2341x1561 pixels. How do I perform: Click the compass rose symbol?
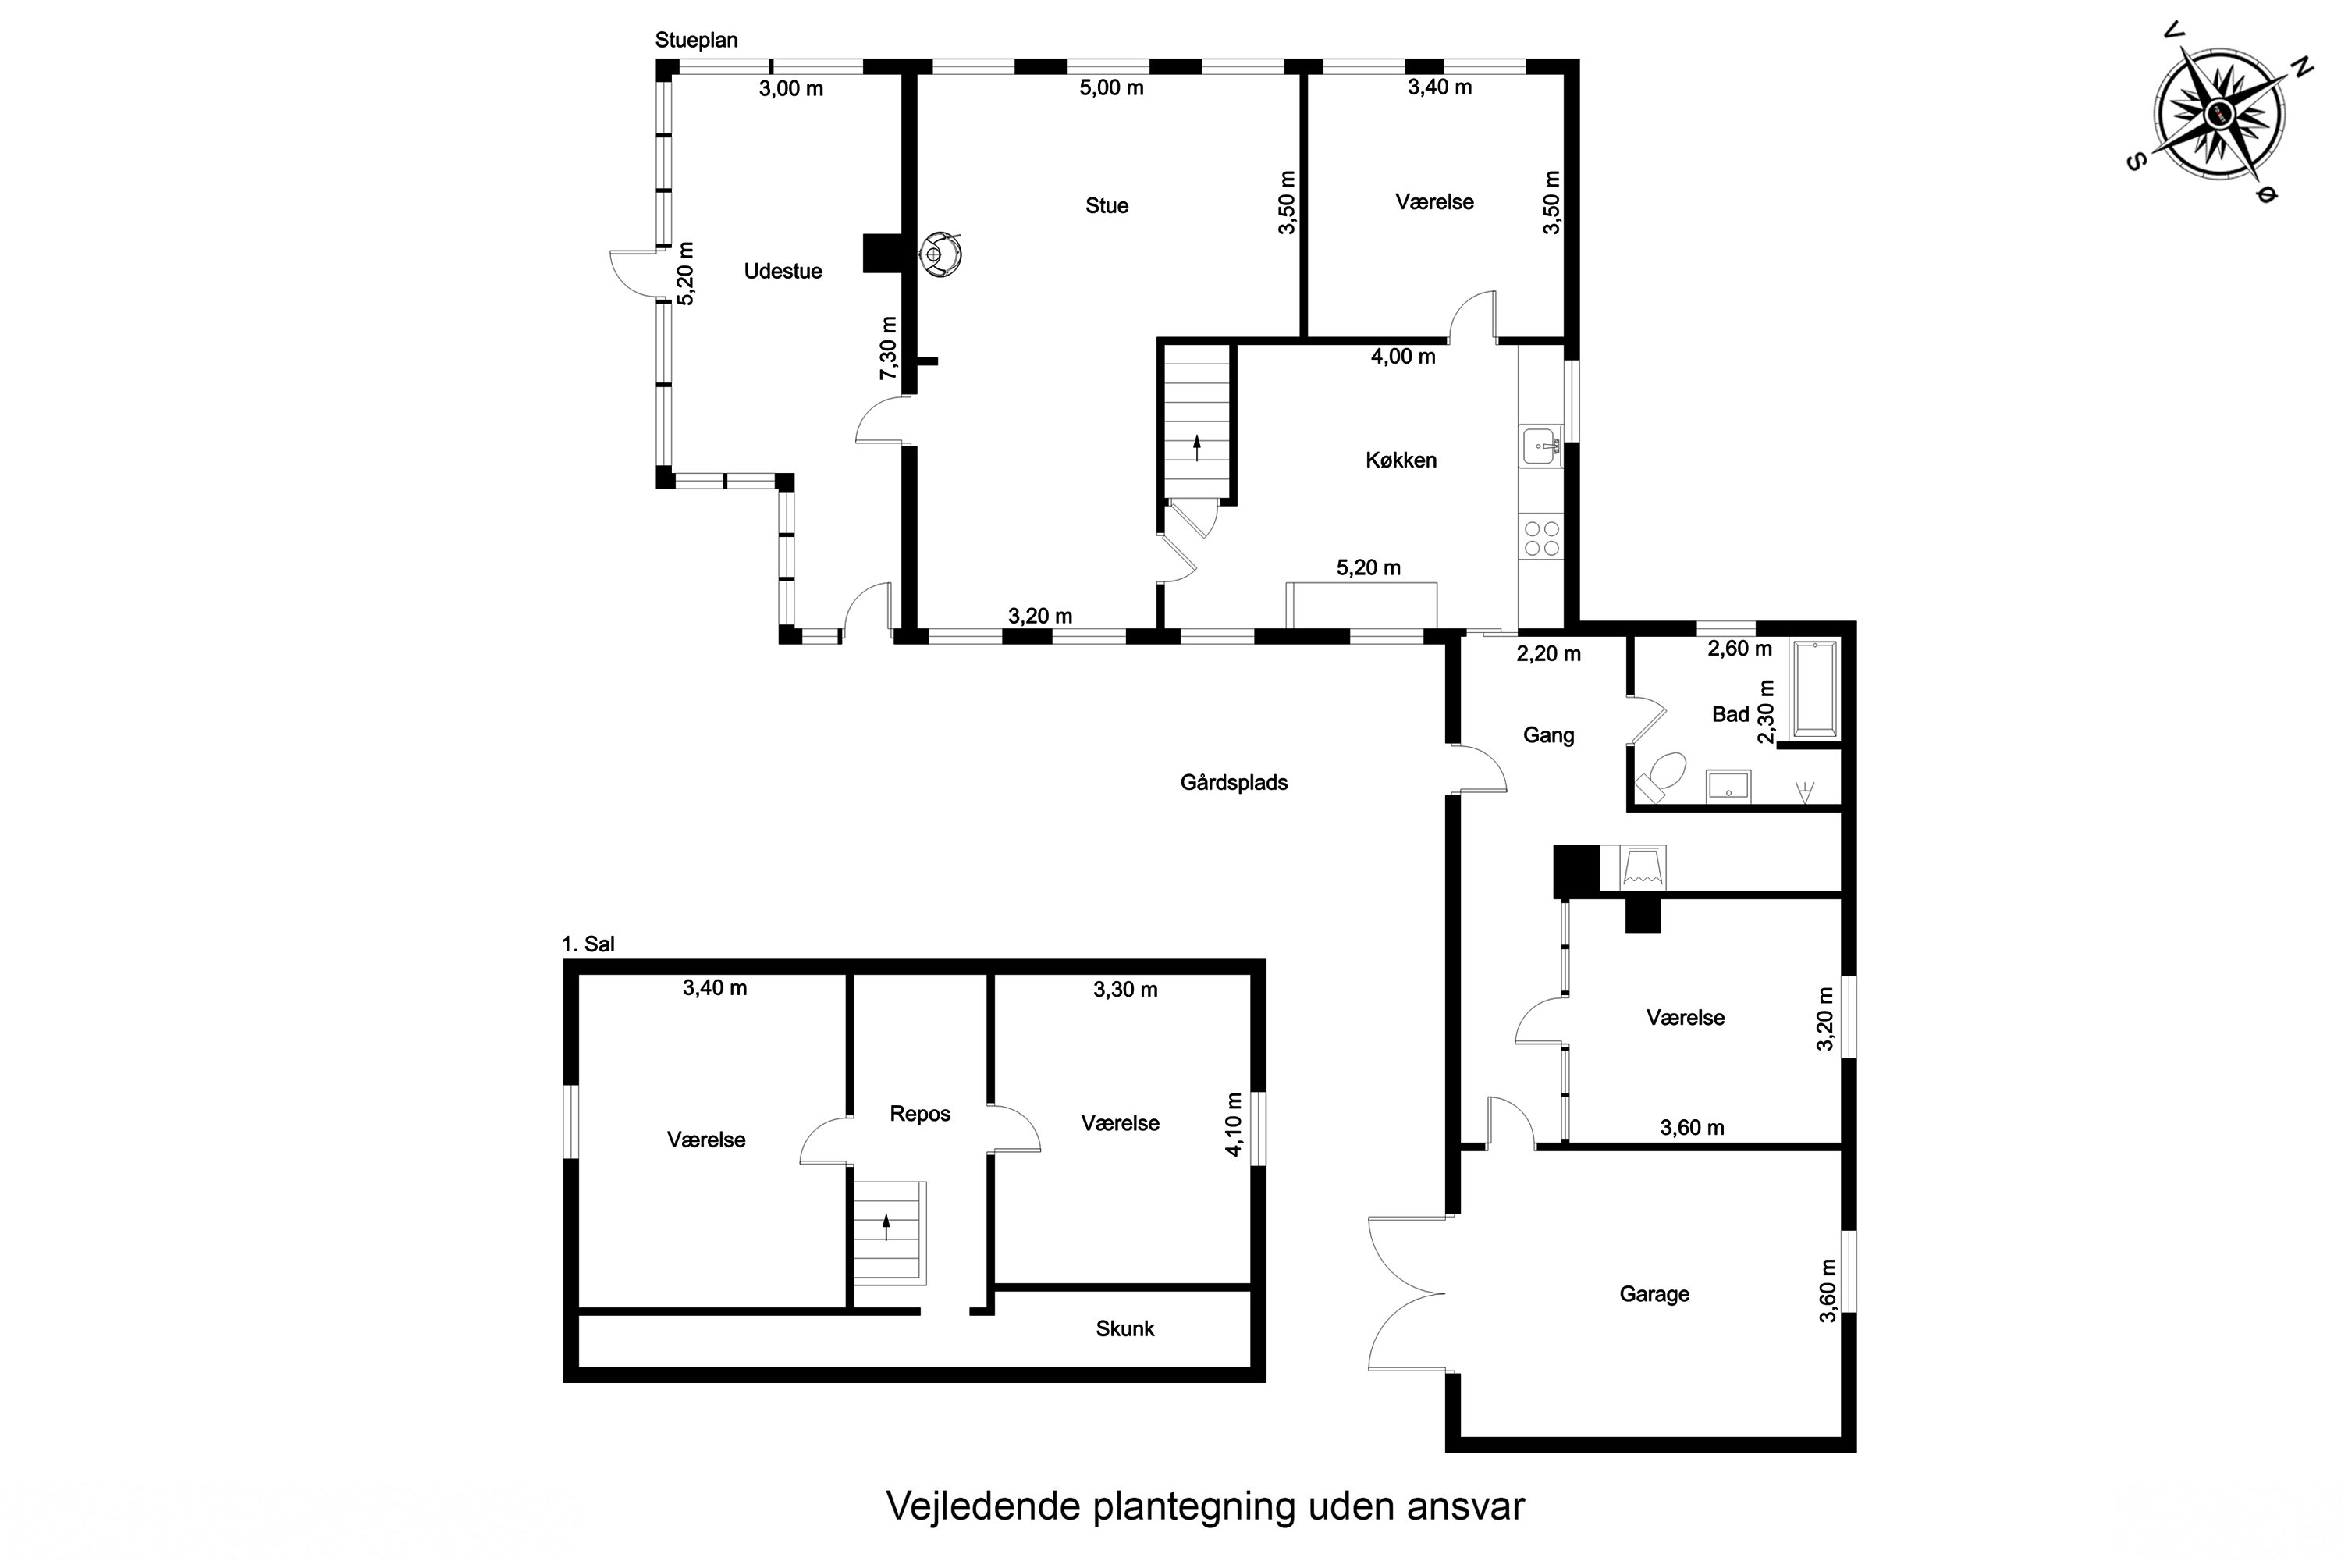(2218, 115)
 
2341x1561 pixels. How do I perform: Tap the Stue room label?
(1107, 206)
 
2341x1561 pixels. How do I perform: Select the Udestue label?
(783, 271)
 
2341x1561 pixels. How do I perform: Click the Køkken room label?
(1401, 460)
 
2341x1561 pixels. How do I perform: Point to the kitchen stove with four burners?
(1540, 539)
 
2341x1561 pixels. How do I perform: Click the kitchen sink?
(1540, 446)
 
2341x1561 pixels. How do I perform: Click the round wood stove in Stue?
(940, 254)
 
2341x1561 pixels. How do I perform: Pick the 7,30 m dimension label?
(888, 347)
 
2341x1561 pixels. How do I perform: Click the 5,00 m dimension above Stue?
(1112, 87)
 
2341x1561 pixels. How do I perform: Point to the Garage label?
(1654, 1294)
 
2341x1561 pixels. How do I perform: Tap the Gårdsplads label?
(1234, 783)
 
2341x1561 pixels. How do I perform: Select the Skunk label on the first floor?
(1124, 1328)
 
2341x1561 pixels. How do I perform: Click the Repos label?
(920, 1114)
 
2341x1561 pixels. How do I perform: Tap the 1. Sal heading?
(588, 944)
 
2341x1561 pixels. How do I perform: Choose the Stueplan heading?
(697, 40)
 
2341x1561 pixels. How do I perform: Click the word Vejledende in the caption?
(983, 1506)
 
